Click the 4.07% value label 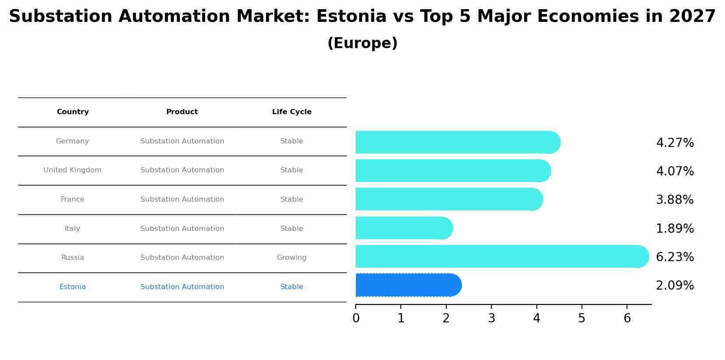click(675, 171)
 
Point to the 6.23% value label click(675, 257)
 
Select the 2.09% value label click(675, 286)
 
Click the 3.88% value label click(675, 200)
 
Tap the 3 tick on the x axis click(491, 318)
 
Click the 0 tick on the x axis click(356, 318)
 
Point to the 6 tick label click(627, 318)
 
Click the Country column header click(73, 112)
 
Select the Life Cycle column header click(292, 112)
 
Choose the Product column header click(182, 112)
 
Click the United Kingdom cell click(73, 170)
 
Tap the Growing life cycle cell click(291, 258)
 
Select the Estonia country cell click(73, 287)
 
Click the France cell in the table click(73, 199)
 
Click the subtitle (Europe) click(362, 43)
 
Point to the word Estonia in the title click(351, 17)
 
